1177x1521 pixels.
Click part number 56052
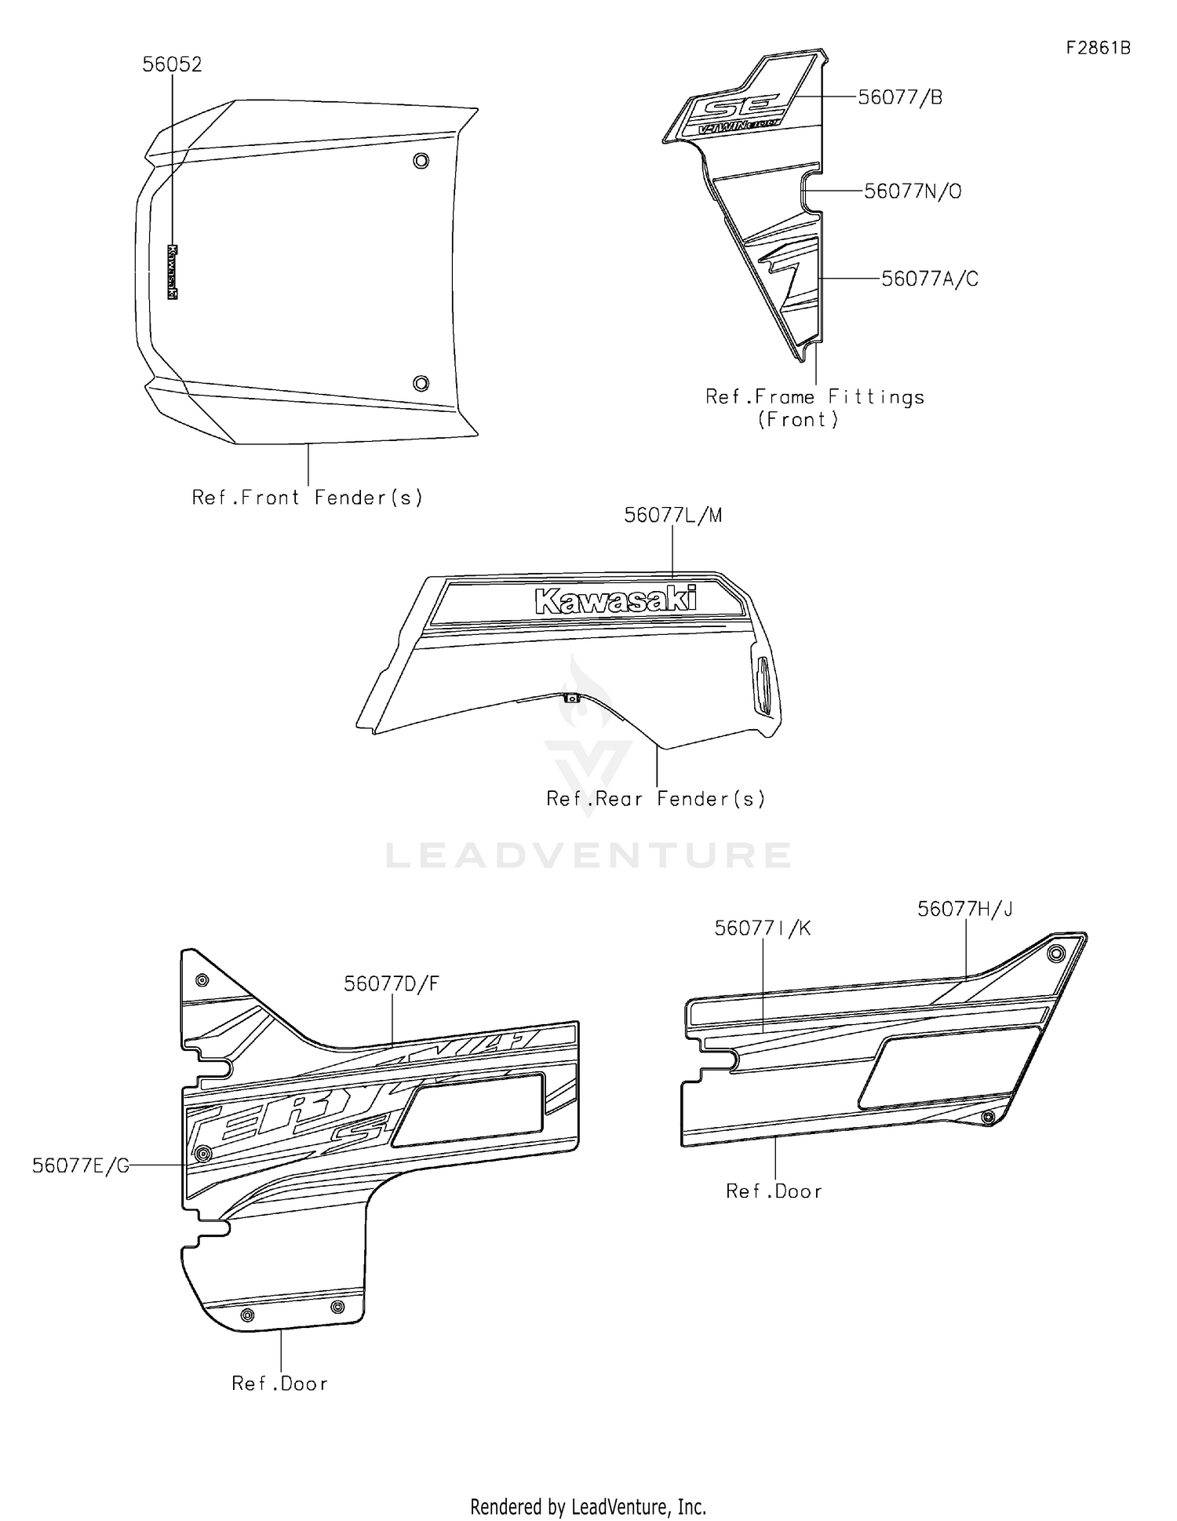point(172,64)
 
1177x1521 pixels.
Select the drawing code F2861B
point(1098,48)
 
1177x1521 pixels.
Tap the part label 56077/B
point(900,97)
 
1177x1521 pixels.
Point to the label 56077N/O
point(913,191)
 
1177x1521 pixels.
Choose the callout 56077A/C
point(930,279)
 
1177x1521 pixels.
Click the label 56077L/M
point(673,516)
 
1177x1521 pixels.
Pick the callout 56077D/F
point(392,983)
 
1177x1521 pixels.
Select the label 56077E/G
point(81,1165)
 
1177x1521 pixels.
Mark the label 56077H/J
point(965,909)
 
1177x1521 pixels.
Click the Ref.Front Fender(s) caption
point(308,498)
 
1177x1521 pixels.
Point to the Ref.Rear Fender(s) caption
point(656,799)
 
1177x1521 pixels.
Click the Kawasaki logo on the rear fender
point(615,600)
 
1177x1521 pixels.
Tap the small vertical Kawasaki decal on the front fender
point(172,272)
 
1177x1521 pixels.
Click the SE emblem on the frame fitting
point(741,105)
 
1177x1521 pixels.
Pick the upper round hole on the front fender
point(421,161)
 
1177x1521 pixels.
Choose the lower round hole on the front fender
point(421,383)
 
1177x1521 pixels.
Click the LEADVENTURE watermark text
point(588,855)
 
